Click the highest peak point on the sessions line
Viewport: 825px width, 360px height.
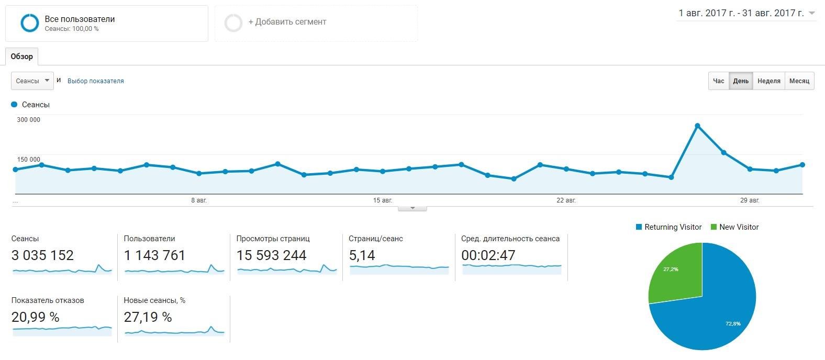[697, 126]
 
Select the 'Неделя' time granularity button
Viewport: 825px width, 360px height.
[768, 81]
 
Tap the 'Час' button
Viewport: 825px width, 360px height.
[718, 81]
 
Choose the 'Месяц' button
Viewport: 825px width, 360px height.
[799, 81]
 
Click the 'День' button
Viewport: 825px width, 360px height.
[741, 81]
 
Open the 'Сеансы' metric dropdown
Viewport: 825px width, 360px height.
[32, 81]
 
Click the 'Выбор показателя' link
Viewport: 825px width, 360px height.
[96, 81]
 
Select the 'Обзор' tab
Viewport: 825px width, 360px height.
[22, 57]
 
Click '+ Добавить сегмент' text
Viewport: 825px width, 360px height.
[287, 22]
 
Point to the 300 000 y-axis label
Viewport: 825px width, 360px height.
[29, 120]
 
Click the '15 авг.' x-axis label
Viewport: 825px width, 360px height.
[383, 200]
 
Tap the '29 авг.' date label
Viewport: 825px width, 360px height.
[750, 200]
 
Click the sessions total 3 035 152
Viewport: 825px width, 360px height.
[42, 255]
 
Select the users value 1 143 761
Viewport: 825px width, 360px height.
[154, 255]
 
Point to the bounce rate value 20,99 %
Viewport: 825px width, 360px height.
[35, 317]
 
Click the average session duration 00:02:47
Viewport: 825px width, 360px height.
[488, 255]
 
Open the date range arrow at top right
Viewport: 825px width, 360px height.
[812, 14]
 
